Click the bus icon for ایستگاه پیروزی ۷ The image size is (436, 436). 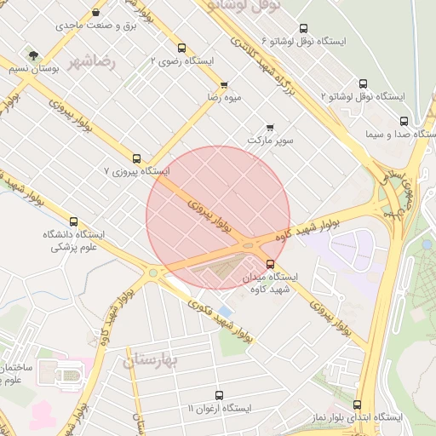137,158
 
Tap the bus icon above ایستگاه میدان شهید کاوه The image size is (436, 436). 271,264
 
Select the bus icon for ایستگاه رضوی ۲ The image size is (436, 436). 182,48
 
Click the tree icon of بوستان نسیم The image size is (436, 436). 32,55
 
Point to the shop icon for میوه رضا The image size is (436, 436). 224,85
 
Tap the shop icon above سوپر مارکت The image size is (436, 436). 271,127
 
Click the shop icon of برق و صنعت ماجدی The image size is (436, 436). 95,13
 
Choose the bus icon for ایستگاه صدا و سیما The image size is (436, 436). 404,121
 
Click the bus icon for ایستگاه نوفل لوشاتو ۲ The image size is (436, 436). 364,83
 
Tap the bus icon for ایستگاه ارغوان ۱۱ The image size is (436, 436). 219,396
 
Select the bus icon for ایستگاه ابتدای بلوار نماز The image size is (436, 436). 357,404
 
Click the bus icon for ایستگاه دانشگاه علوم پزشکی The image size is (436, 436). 73,221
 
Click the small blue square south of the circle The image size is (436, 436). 224,310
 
